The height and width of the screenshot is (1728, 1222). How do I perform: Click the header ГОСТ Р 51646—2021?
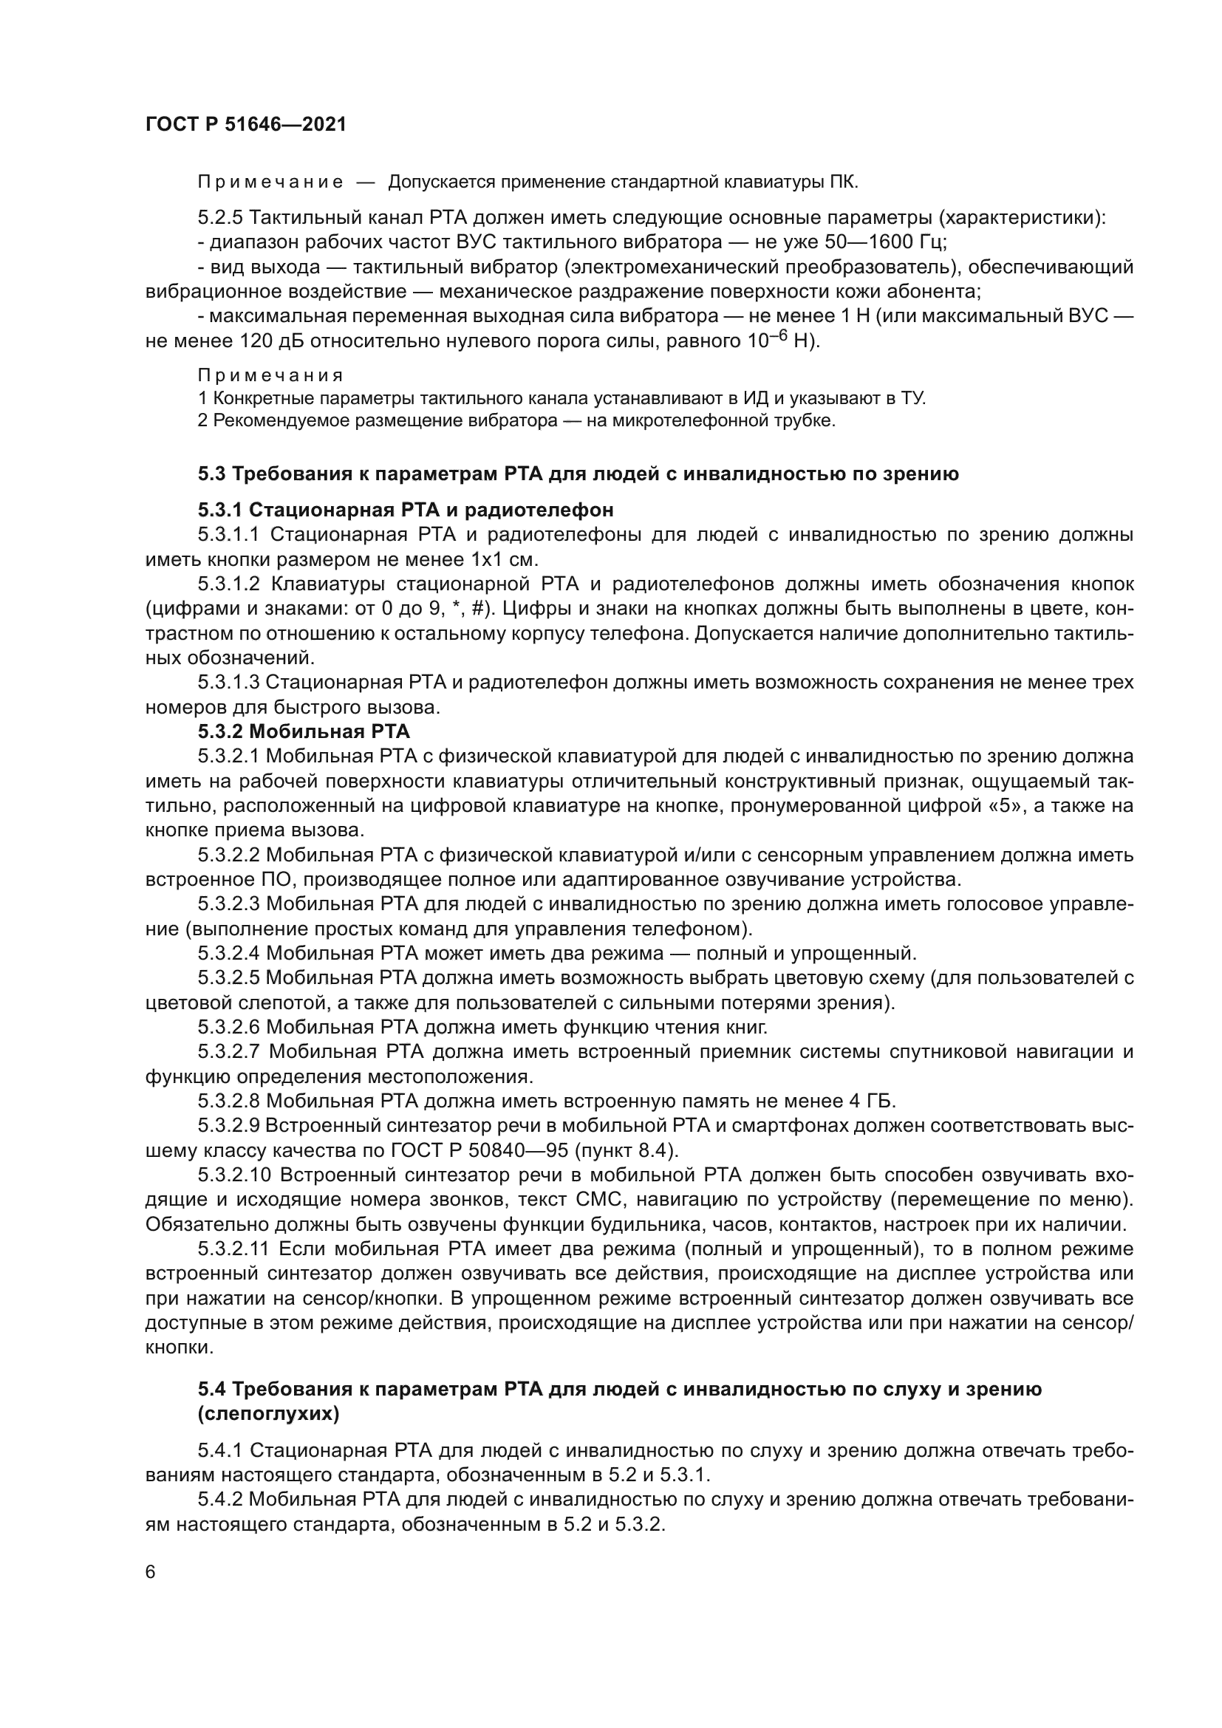coord(245,125)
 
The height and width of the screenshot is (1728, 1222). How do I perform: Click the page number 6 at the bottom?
coord(151,1572)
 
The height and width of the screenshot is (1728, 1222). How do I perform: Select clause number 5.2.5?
coord(220,218)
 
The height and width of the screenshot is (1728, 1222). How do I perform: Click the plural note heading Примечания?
coord(270,375)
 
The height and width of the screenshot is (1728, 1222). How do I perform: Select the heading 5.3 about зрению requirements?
coord(578,474)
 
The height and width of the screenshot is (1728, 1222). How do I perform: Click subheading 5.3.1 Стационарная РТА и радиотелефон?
coord(406,510)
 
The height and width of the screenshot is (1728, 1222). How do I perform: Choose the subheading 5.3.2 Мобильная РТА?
coord(304,731)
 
